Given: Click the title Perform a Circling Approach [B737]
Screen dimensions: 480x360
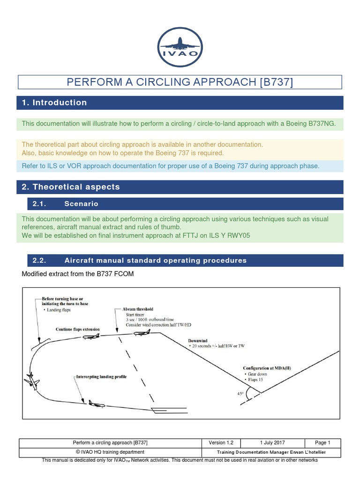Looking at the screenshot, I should (180, 82).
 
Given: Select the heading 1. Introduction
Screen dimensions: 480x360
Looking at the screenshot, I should (54, 103).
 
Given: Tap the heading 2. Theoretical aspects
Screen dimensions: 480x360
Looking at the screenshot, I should (71, 187).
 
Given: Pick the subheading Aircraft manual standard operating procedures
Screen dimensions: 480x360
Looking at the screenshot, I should (155, 261).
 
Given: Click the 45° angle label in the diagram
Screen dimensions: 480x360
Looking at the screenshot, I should (240, 394).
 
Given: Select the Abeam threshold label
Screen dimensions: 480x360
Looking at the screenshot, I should (138, 309).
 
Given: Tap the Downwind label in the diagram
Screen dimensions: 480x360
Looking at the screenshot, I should (198, 340).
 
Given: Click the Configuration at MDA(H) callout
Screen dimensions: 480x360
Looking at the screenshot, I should (267, 368).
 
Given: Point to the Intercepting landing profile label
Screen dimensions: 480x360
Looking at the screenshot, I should (101, 377).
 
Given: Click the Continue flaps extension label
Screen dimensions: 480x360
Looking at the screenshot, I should (78, 330).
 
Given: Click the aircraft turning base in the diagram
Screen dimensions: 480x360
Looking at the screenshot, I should (32, 380).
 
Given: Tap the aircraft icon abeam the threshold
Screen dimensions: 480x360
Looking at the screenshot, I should (141, 334).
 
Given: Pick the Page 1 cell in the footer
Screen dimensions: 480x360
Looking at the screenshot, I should (323, 442).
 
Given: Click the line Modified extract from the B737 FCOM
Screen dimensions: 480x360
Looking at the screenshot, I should (78, 274).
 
